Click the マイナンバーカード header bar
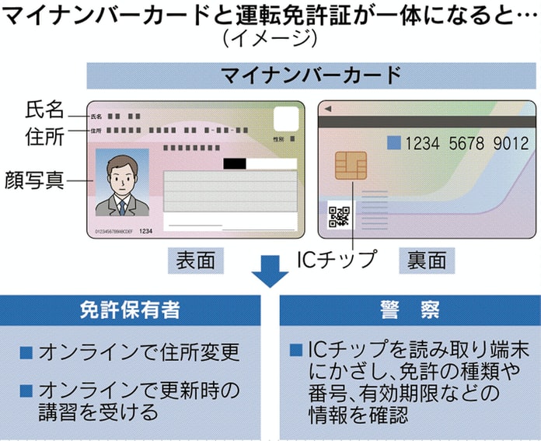click(311, 75)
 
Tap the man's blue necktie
click(121, 205)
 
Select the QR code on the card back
click(338, 215)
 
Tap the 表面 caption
click(191, 260)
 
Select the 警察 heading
click(410, 309)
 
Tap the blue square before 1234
click(394, 142)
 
